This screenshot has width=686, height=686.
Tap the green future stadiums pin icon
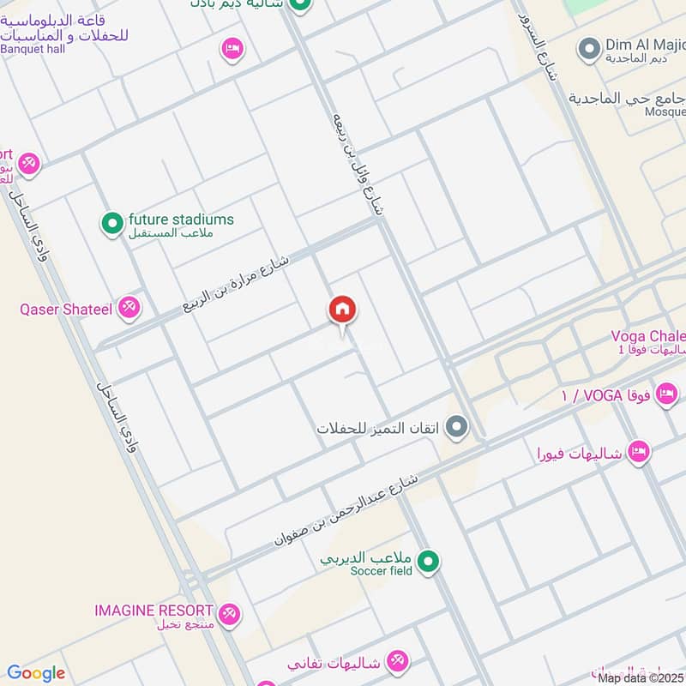point(111,225)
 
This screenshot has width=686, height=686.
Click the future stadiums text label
point(181,220)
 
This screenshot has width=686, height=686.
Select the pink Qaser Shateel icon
point(129,307)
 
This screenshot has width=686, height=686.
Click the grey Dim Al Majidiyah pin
point(588,48)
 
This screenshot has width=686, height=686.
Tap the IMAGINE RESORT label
point(153,611)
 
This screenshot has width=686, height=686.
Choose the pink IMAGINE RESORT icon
point(229,613)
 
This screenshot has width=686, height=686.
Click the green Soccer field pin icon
point(430,563)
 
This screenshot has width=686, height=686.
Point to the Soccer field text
point(382,570)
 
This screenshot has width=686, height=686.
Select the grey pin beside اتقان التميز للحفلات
point(458,426)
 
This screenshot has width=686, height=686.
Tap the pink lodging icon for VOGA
point(665,394)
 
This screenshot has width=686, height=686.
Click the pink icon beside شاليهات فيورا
point(638,450)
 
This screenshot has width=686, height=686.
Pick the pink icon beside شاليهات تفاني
point(397,661)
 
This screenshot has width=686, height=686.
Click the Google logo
point(36,673)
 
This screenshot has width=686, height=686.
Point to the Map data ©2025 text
point(641,677)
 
